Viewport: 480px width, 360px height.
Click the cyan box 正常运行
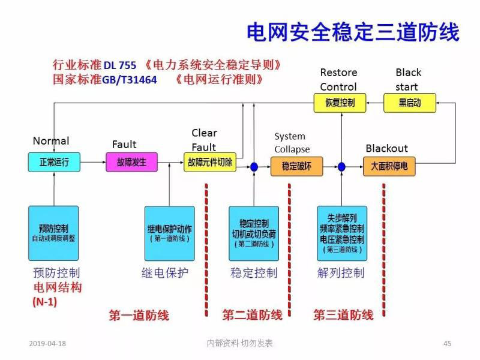tap(54, 162)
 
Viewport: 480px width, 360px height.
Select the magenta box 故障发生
tap(131, 162)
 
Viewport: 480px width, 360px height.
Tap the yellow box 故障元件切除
tap(210, 162)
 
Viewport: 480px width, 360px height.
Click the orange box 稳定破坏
tap(296, 166)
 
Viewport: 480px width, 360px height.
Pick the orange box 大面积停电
tap(389, 166)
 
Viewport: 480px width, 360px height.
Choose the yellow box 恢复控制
tap(340, 103)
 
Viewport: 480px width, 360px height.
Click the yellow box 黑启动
tap(410, 103)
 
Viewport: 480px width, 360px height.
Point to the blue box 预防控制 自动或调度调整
tap(53, 233)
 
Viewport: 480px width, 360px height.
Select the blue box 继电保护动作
tap(170, 233)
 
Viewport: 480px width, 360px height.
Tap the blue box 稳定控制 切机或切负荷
tap(254, 233)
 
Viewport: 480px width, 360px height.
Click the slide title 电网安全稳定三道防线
tap(353, 32)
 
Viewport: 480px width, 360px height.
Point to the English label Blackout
tap(386, 148)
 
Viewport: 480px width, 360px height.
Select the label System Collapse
tap(292, 143)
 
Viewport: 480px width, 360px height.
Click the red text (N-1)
tap(44, 302)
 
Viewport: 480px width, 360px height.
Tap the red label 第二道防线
tap(252, 315)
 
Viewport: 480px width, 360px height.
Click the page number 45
tap(447, 343)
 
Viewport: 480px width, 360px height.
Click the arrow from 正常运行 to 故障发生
tap(92, 162)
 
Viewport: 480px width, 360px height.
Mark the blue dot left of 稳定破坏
tap(254, 166)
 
